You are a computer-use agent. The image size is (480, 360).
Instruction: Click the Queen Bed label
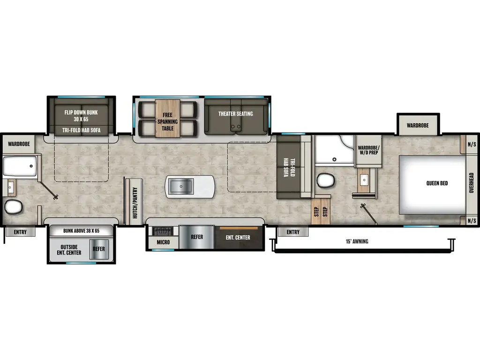coord(436,183)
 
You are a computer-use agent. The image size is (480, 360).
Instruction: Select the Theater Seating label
coord(235,113)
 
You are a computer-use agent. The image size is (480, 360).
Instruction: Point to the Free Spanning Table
coord(168,119)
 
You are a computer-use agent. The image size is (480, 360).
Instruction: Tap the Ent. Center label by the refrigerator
coord(238,238)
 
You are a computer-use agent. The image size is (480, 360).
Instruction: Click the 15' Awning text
coord(357,241)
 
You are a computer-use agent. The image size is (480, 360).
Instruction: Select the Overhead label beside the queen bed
coord(471,183)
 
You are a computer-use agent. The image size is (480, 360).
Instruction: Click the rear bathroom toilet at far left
coord(14,206)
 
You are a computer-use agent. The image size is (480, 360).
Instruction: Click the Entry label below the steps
coord(293,232)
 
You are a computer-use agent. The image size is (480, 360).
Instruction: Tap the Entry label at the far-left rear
coord(20,232)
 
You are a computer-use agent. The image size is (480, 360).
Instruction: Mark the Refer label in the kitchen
coord(197,237)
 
